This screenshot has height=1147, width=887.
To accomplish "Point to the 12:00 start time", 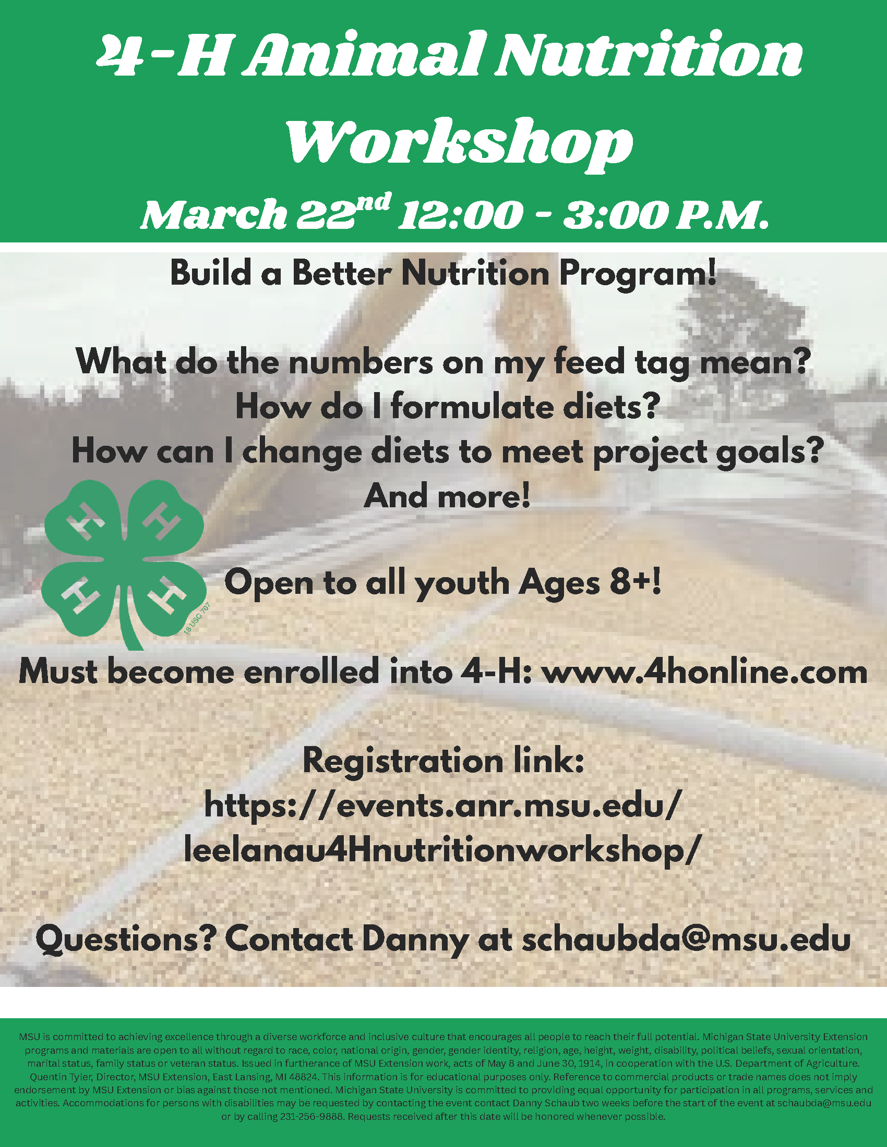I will coord(460,214).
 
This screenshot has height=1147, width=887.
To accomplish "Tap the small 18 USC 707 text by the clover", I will coord(197,618).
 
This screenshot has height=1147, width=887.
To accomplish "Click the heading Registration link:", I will coord(443,761).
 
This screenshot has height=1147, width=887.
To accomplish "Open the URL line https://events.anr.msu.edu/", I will coord(443,806).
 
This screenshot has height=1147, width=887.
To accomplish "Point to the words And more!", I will coord(447,496).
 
